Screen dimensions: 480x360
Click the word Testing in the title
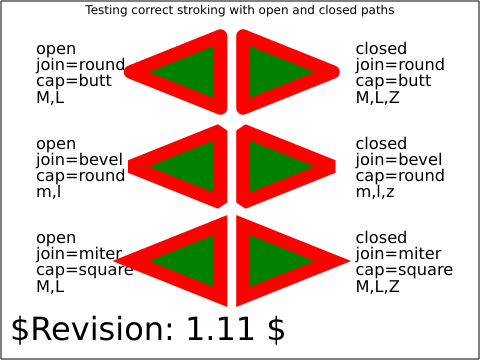(106, 11)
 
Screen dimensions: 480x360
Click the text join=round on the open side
(81, 65)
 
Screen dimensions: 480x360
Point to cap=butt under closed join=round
(393, 81)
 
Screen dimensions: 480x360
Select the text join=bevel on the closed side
(399, 160)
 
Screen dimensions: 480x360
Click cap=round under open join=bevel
(81, 176)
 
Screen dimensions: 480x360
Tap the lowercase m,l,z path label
(375, 192)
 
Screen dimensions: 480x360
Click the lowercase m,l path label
(49, 192)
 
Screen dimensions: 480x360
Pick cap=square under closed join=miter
(404, 270)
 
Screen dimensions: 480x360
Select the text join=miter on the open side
(79, 254)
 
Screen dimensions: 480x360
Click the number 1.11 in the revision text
(219, 329)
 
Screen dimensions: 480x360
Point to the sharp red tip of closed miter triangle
(349, 261)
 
